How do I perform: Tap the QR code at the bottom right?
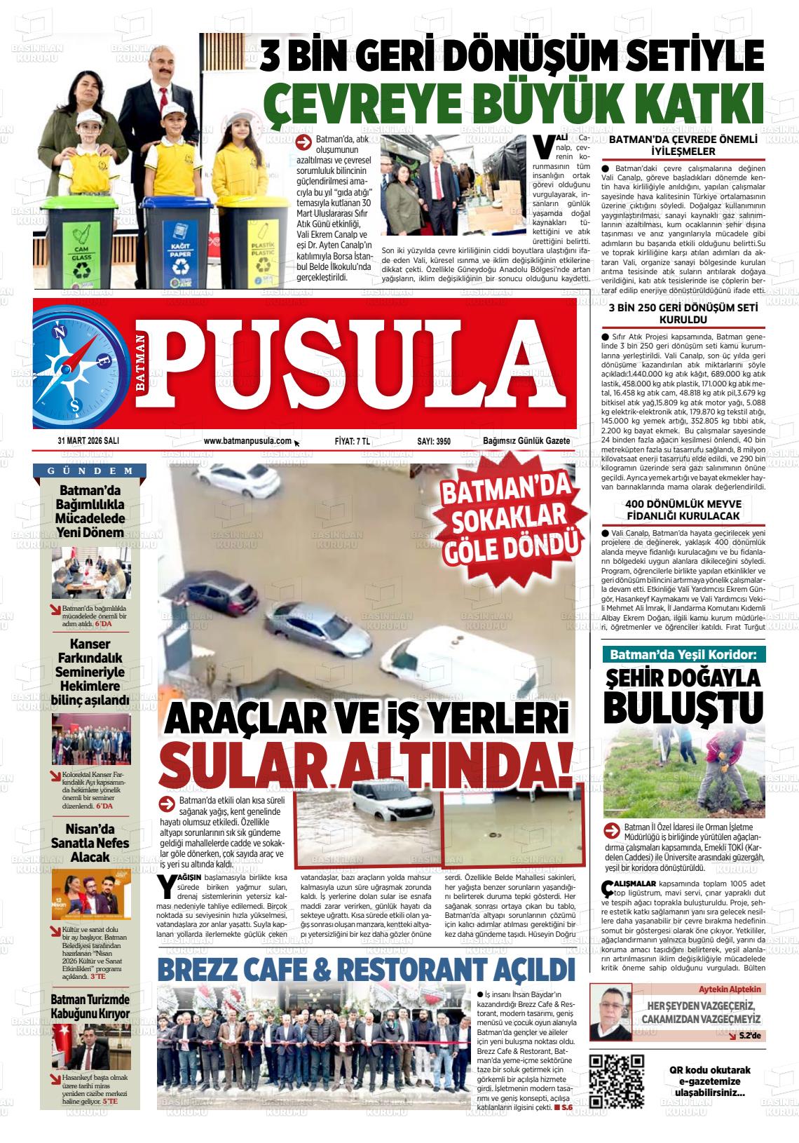[617, 1081]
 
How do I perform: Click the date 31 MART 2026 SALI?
[88, 441]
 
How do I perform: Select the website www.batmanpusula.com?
[247, 441]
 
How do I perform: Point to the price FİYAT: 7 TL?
[352, 441]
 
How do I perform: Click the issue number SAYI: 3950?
[434, 441]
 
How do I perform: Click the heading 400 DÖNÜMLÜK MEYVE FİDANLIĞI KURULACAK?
[683, 510]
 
